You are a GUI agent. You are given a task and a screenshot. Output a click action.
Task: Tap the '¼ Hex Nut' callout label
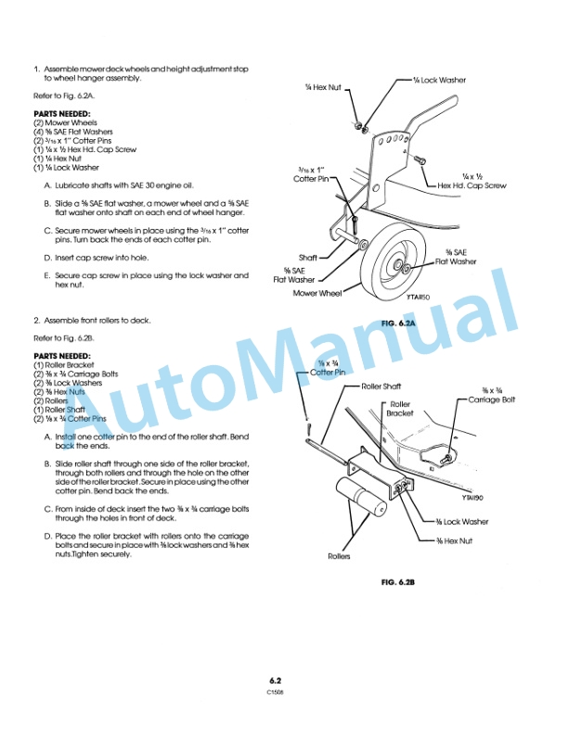tap(323, 87)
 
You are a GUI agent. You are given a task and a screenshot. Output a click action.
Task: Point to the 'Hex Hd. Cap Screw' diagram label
tap(472, 186)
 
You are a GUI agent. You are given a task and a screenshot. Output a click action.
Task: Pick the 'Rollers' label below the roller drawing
tap(339, 556)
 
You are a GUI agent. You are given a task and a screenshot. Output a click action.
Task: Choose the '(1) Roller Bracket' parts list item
tap(67, 365)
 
